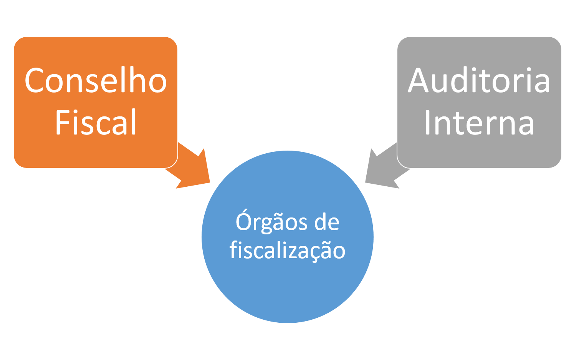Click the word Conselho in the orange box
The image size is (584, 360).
(96, 81)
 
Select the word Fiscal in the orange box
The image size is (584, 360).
(96, 122)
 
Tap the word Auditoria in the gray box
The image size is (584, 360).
(479, 81)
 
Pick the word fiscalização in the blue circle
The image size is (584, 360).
(287, 251)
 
